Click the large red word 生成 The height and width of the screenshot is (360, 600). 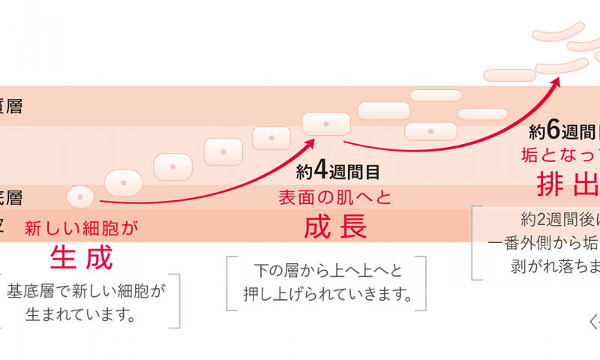[x=81, y=258]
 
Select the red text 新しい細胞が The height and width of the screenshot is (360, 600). [x=82, y=228]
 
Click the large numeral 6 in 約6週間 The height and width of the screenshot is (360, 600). [x=553, y=131]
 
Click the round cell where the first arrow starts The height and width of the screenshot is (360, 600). [x=80, y=197]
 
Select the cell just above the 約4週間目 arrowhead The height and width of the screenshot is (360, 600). [x=325, y=123]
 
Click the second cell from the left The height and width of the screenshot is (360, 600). [x=124, y=181]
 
